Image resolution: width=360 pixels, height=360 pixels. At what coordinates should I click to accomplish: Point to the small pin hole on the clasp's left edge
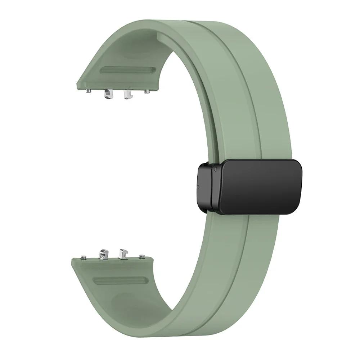(198, 187)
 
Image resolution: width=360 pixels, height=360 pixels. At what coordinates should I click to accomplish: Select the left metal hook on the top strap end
(107, 95)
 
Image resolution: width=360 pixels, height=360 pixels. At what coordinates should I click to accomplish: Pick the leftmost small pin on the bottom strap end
(84, 257)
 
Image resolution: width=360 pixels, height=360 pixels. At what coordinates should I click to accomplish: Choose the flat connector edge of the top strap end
(117, 87)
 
